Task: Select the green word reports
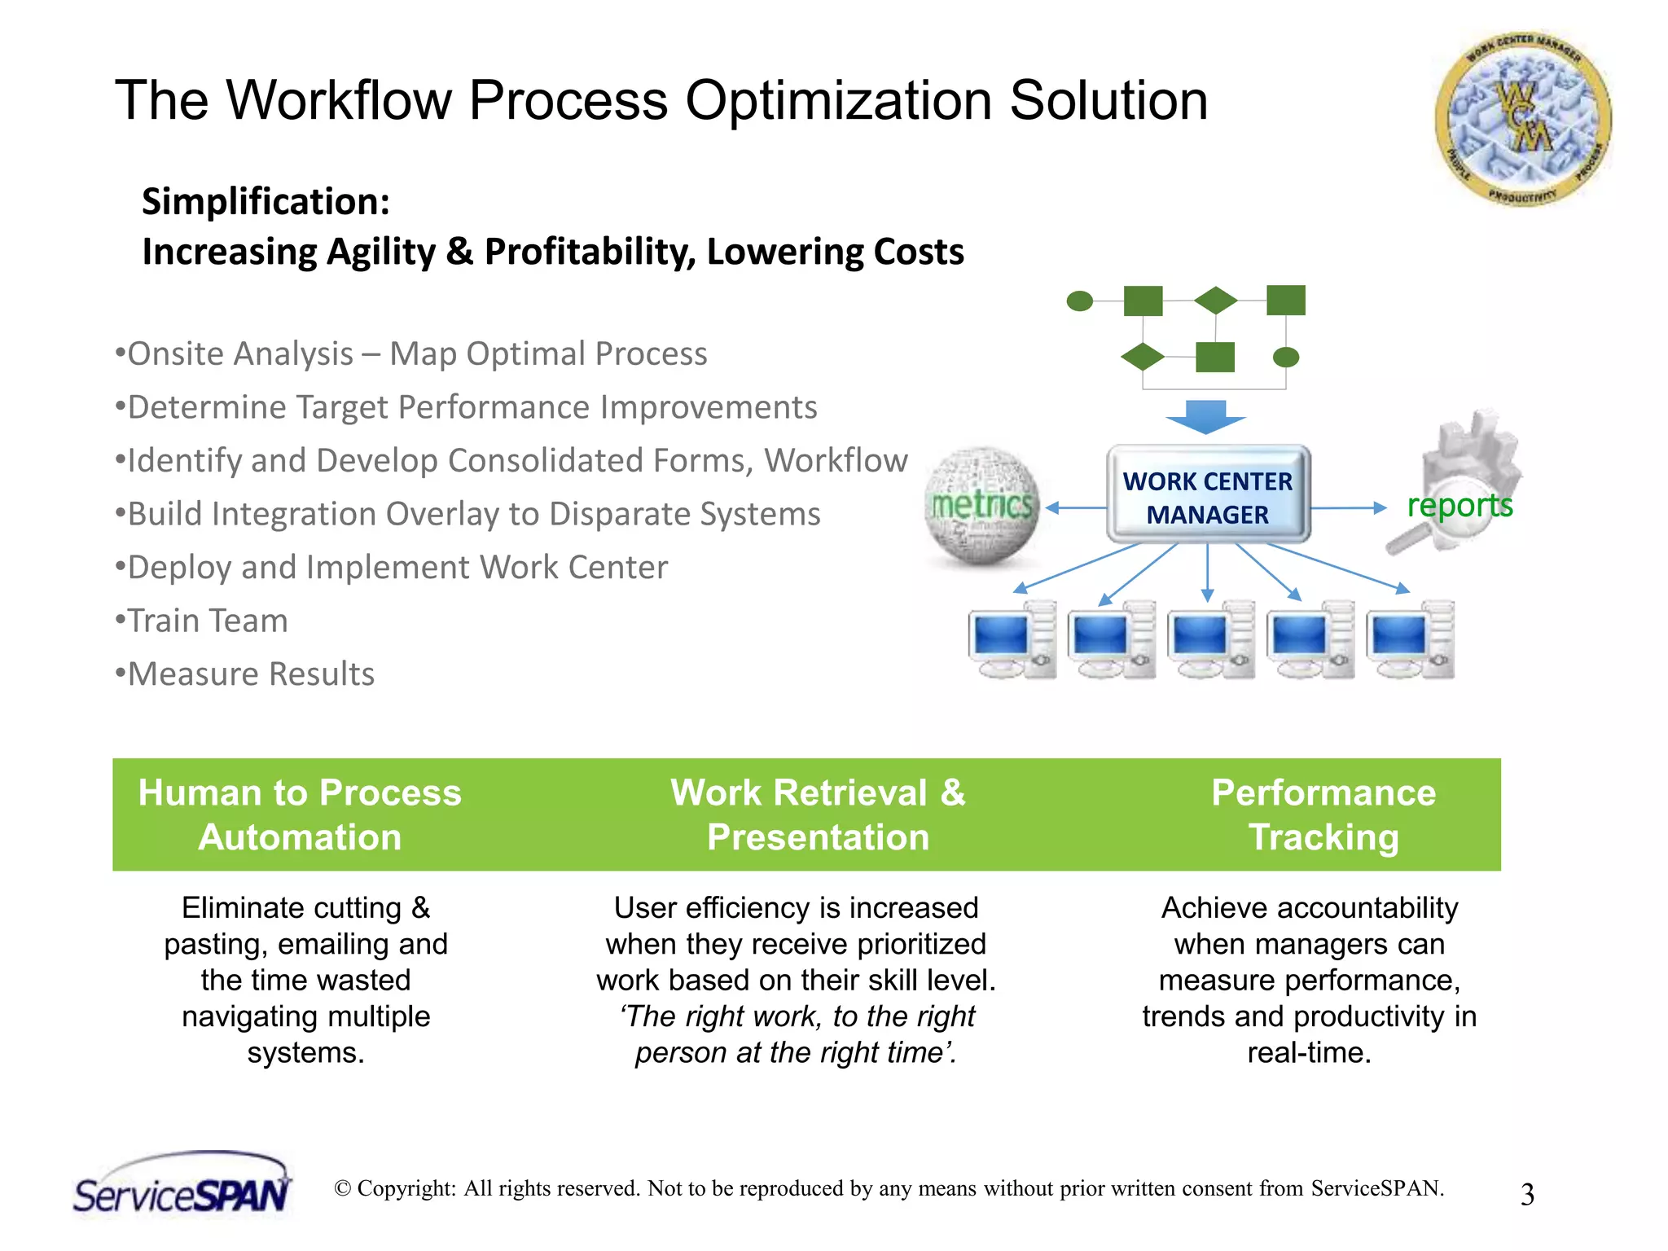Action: point(1459,505)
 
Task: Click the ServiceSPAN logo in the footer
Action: point(182,1185)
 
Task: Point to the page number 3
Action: point(1527,1195)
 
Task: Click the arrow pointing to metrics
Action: point(1075,508)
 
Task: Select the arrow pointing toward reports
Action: point(1349,508)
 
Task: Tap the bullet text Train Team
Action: point(208,621)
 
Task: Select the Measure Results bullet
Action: point(251,674)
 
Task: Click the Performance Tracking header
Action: point(1323,815)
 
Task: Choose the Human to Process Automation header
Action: point(300,815)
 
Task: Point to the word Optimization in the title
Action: point(838,101)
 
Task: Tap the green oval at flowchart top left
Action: point(1079,301)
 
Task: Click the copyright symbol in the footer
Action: point(343,1189)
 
